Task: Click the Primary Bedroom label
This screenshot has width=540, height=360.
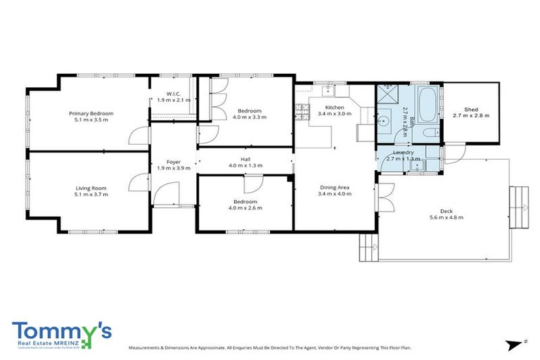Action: coord(91,113)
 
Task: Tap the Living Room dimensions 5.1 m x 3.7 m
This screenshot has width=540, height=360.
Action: coord(91,195)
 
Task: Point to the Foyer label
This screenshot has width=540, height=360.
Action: coord(174,162)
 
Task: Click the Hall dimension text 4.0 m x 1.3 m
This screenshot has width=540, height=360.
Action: coord(245,165)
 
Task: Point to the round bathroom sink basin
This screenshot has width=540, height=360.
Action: coord(383,120)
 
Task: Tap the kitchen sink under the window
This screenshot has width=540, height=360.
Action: coord(328,90)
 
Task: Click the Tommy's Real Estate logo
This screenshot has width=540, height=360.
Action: coord(61,335)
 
